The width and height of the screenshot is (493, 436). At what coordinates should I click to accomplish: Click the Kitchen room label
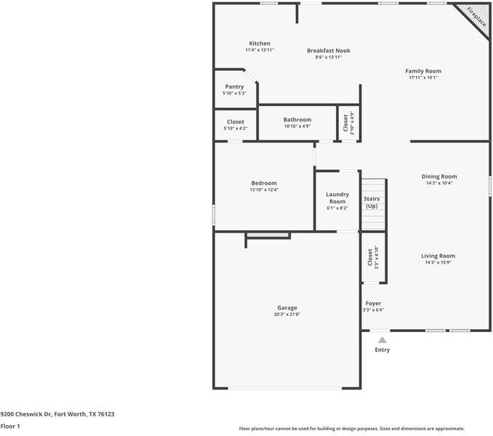[x=259, y=44]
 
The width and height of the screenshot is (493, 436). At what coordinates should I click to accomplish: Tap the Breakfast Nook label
[x=328, y=50]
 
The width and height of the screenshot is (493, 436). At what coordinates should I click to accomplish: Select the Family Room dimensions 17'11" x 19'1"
[x=423, y=77]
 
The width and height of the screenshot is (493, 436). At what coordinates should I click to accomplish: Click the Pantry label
[x=234, y=86]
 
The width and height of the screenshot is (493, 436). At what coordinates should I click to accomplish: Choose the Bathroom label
[x=297, y=120]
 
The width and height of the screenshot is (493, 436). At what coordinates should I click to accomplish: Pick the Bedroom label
[x=264, y=183]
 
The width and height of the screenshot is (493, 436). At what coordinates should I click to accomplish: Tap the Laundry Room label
[x=337, y=198]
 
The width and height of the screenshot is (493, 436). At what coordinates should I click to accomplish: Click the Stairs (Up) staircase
[x=372, y=203]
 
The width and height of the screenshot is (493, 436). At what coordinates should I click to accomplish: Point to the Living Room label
[x=438, y=256]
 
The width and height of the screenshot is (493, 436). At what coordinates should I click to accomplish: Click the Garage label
[x=286, y=307]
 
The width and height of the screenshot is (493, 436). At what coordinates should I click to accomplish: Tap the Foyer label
[x=373, y=303]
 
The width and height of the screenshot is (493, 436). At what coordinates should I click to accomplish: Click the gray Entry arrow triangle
[x=382, y=339]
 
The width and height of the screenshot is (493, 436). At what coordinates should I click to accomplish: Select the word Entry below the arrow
[x=382, y=350]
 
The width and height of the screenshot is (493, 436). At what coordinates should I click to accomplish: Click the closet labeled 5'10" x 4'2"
[x=236, y=122]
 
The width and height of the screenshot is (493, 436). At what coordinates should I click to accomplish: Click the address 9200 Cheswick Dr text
[x=57, y=413]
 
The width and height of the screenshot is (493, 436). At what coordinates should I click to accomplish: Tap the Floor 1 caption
[x=10, y=427]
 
